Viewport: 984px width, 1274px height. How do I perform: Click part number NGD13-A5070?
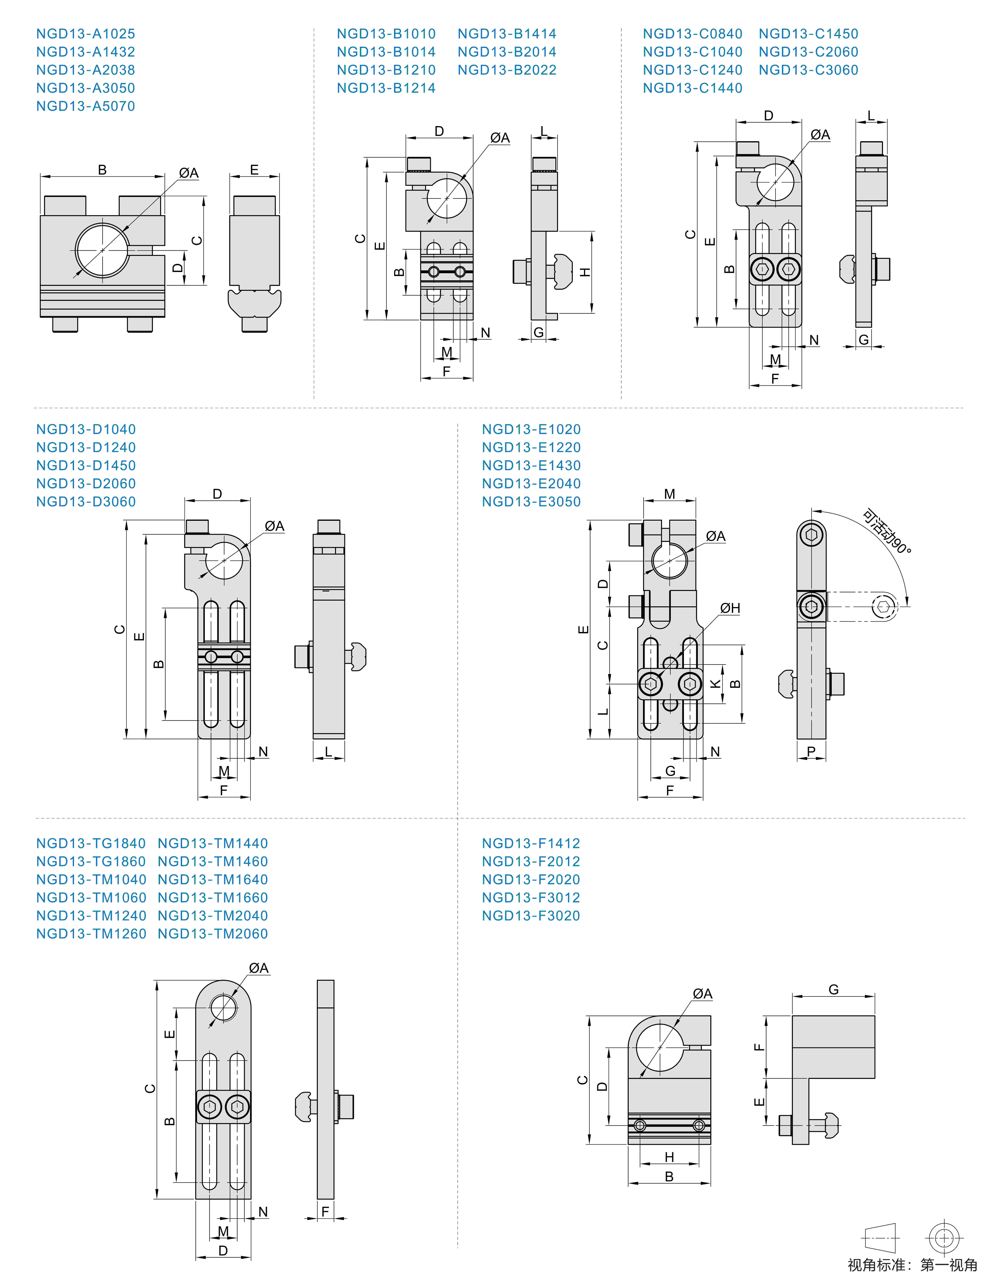point(86,106)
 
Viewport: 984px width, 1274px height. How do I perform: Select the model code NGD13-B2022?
point(507,70)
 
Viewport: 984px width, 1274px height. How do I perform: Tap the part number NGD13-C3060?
point(808,70)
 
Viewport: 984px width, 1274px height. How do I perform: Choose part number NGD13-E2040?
point(531,484)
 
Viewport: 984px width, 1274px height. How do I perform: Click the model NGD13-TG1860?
point(91,862)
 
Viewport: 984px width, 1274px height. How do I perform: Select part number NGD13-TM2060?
point(213,934)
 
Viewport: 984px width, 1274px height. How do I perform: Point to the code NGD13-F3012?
point(531,898)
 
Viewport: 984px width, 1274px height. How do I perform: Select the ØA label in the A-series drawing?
point(189,173)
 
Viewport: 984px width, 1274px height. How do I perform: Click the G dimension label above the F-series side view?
point(834,990)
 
